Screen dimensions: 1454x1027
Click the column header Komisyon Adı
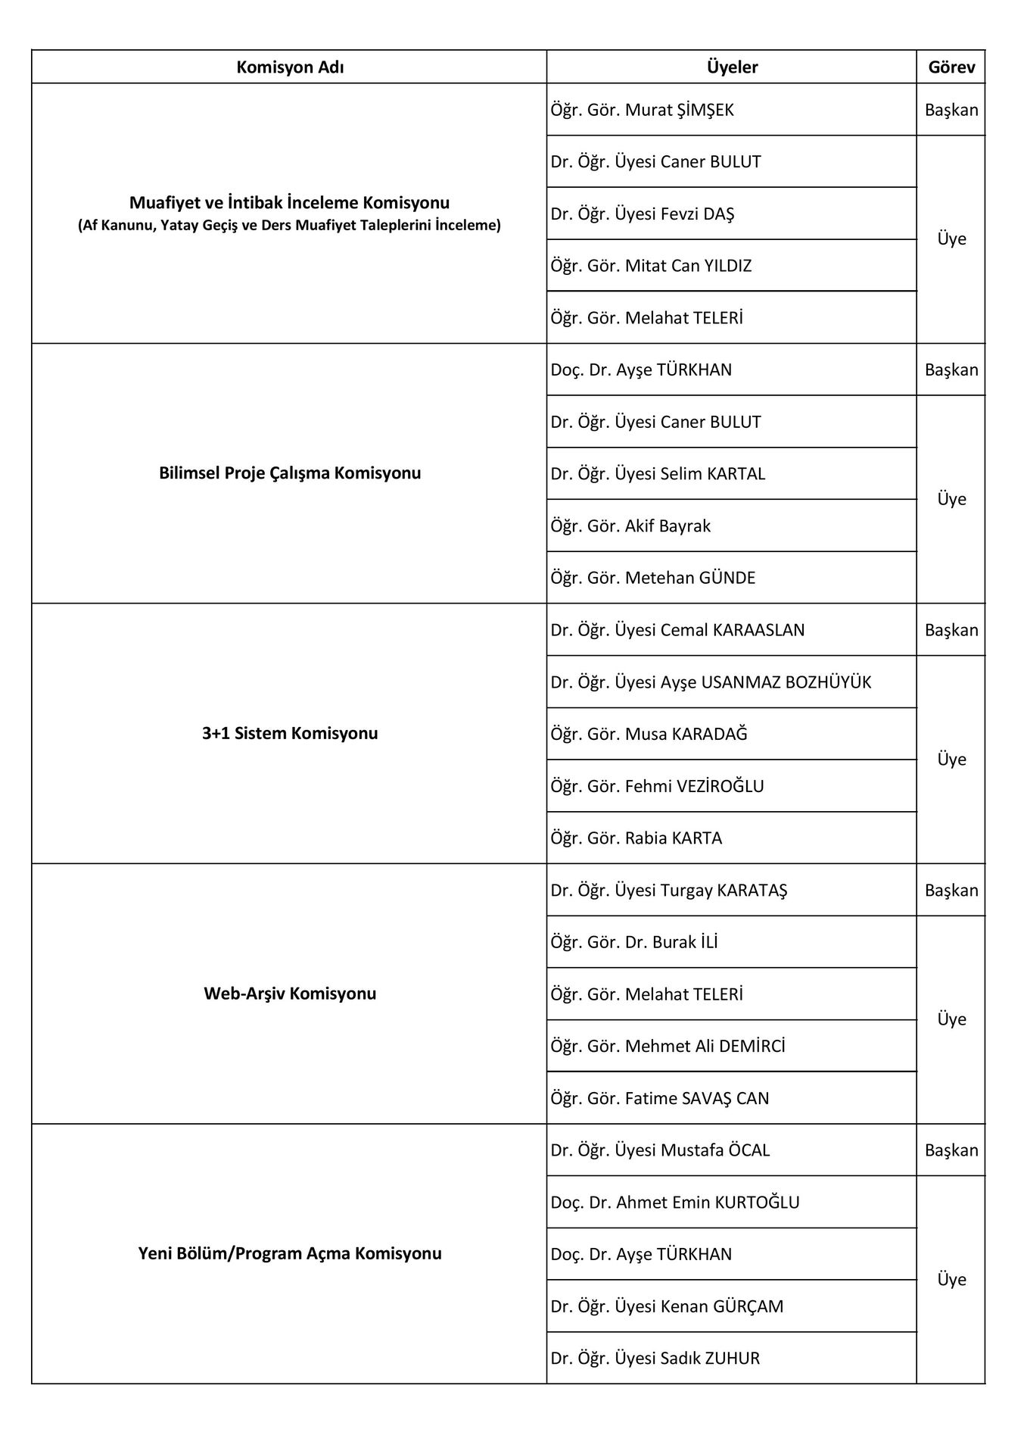pos(290,67)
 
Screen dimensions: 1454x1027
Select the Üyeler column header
pos(732,67)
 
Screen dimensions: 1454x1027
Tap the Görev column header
pos(951,67)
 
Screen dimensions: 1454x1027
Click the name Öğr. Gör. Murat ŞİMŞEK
pos(643,110)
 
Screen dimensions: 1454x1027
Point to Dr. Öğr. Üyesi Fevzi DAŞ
pos(643,214)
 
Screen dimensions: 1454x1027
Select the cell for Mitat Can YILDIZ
pos(651,266)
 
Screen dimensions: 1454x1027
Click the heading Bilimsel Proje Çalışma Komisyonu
pos(290,473)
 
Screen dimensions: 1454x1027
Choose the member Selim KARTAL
pos(658,474)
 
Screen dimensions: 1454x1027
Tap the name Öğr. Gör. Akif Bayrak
pos(630,526)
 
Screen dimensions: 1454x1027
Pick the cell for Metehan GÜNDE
pos(652,578)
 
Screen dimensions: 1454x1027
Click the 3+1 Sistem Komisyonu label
pos(290,733)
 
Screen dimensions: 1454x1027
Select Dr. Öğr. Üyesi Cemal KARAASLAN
pos(677,630)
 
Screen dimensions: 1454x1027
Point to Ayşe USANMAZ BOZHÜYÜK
pos(711,682)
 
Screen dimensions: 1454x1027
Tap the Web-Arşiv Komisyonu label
pos(290,994)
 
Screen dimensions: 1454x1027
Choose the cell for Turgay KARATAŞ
pos(669,891)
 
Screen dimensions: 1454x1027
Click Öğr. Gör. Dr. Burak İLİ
pos(634,942)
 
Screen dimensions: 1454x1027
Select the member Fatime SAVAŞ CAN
pos(659,1098)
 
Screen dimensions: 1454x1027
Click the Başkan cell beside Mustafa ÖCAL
pos(951,1150)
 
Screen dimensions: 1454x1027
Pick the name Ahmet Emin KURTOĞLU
pos(675,1203)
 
